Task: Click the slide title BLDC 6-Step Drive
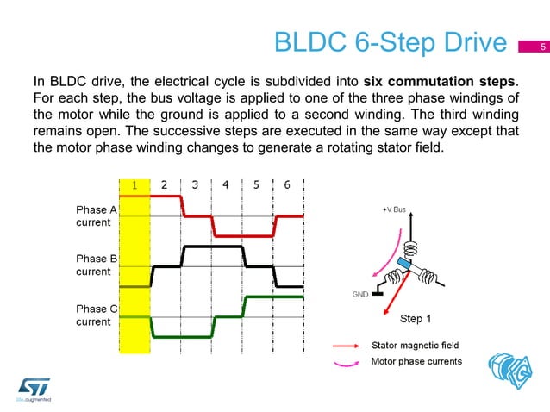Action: pyautogui.click(x=388, y=43)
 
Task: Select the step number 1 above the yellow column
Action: pyautogui.click(x=134, y=184)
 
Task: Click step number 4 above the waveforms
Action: pyautogui.click(x=226, y=184)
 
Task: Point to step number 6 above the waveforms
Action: pyautogui.click(x=287, y=184)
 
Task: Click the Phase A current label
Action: pyautogui.click(x=92, y=216)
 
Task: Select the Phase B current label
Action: pyautogui.click(x=92, y=265)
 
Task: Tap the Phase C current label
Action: pyautogui.click(x=92, y=315)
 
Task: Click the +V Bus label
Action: pyautogui.click(x=394, y=209)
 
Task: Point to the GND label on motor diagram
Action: pyautogui.click(x=359, y=294)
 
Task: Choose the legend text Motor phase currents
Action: pyautogui.click(x=416, y=361)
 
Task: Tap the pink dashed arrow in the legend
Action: pyautogui.click(x=347, y=362)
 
